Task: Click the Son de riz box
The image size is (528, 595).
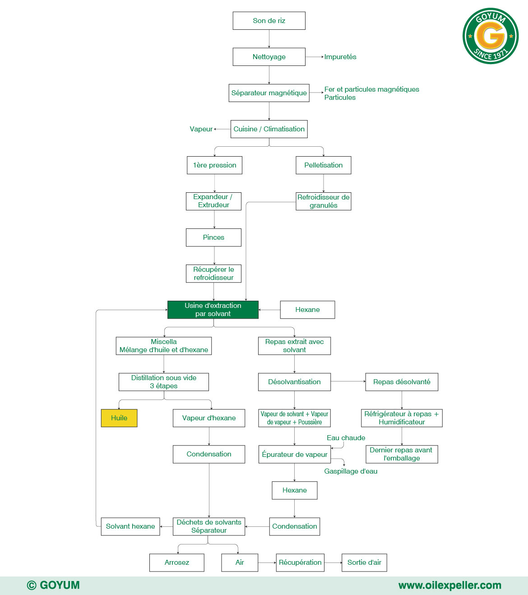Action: click(x=269, y=21)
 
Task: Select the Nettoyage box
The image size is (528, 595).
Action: click(x=269, y=57)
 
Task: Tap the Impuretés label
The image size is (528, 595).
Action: click(x=340, y=57)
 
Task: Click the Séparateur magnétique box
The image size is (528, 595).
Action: click(x=269, y=93)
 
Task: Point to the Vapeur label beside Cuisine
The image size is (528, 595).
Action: click(x=201, y=129)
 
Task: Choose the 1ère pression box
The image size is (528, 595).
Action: click(x=214, y=165)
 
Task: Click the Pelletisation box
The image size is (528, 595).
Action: click(x=323, y=165)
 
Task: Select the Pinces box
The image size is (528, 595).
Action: click(x=213, y=237)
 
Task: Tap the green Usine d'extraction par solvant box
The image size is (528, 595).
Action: click(x=213, y=310)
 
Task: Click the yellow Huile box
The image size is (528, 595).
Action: click(x=119, y=418)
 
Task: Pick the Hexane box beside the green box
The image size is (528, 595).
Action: click(x=307, y=310)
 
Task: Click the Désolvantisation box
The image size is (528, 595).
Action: click(x=294, y=382)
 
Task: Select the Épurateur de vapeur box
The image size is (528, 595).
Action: click(x=294, y=455)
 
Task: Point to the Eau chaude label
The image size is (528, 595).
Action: click(x=346, y=438)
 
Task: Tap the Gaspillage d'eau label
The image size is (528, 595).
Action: click(x=351, y=471)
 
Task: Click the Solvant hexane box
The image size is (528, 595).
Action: click(x=130, y=526)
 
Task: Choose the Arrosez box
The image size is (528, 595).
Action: click(x=177, y=562)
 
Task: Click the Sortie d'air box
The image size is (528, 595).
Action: click(x=364, y=562)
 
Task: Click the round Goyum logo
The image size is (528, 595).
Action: click(x=491, y=36)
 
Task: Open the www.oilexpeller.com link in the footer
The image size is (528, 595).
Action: click(x=449, y=586)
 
